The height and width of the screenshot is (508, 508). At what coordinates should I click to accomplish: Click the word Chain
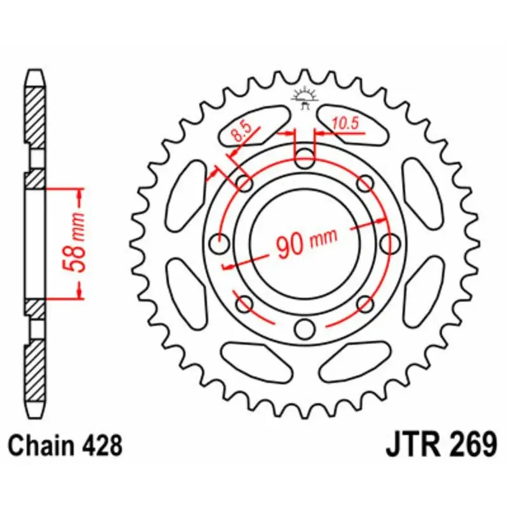coord(40,445)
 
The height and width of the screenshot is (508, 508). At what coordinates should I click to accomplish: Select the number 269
coord(471,444)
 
